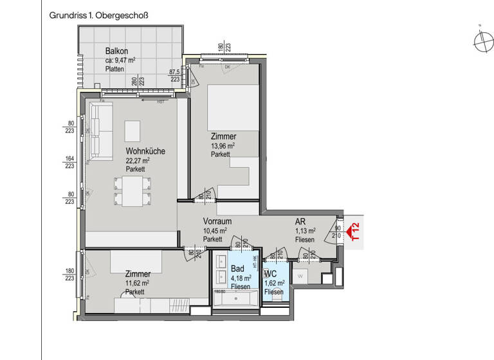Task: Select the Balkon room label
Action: (x=116, y=51)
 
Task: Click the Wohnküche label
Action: (x=145, y=152)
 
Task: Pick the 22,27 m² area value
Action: (x=138, y=161)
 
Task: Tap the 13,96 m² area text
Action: (x=223, y=146)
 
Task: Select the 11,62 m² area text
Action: (x=137, y=282)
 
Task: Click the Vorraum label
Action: (x=217, y=222)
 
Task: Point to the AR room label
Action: (x=300, y=222)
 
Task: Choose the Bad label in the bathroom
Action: (x=237, y=269)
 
